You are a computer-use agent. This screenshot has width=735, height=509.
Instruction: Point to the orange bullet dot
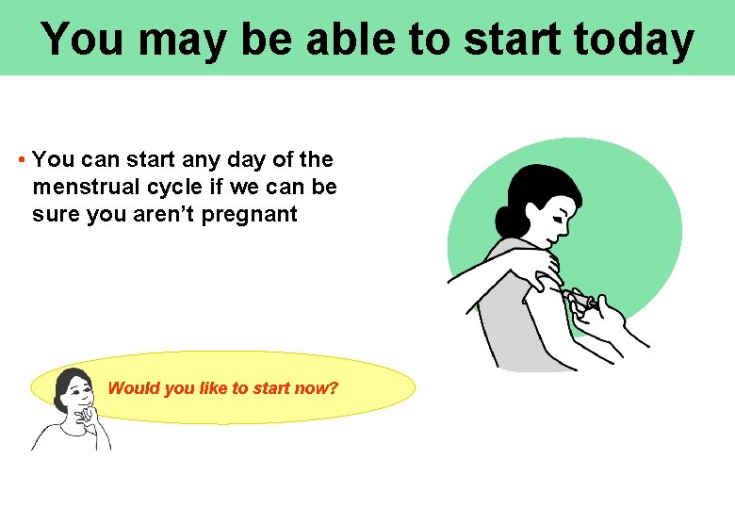[x=22, y=160]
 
